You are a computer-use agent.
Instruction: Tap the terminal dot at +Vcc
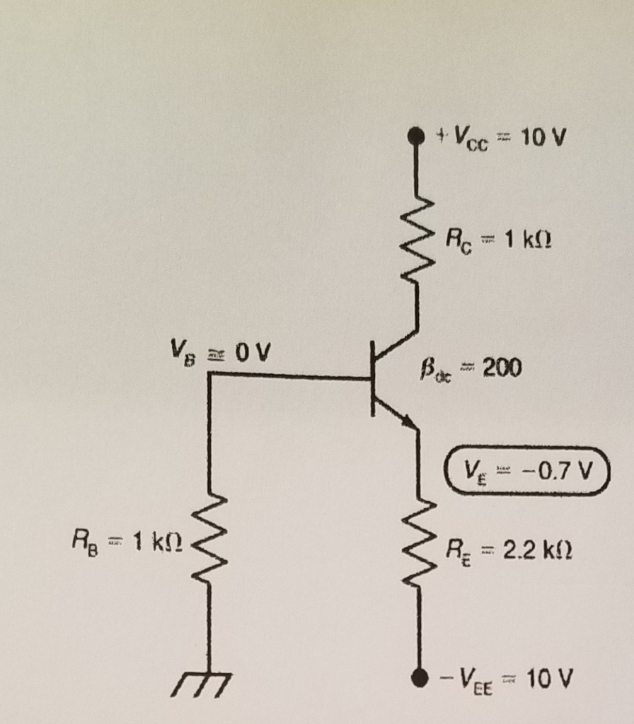[417, 136]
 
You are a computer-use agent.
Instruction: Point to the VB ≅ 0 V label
[214, 349]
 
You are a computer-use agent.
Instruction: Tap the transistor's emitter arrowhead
[408, 421]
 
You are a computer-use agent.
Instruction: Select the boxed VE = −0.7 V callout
[526, 470]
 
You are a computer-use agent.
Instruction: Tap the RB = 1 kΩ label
[127, 544]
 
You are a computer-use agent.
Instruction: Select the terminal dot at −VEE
[419, 678]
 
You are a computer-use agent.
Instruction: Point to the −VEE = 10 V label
[505, 680]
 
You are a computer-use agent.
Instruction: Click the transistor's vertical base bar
[372, 378]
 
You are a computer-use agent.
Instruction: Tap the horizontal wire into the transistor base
[290, 376]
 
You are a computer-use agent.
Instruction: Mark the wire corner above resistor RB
[209, 375]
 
